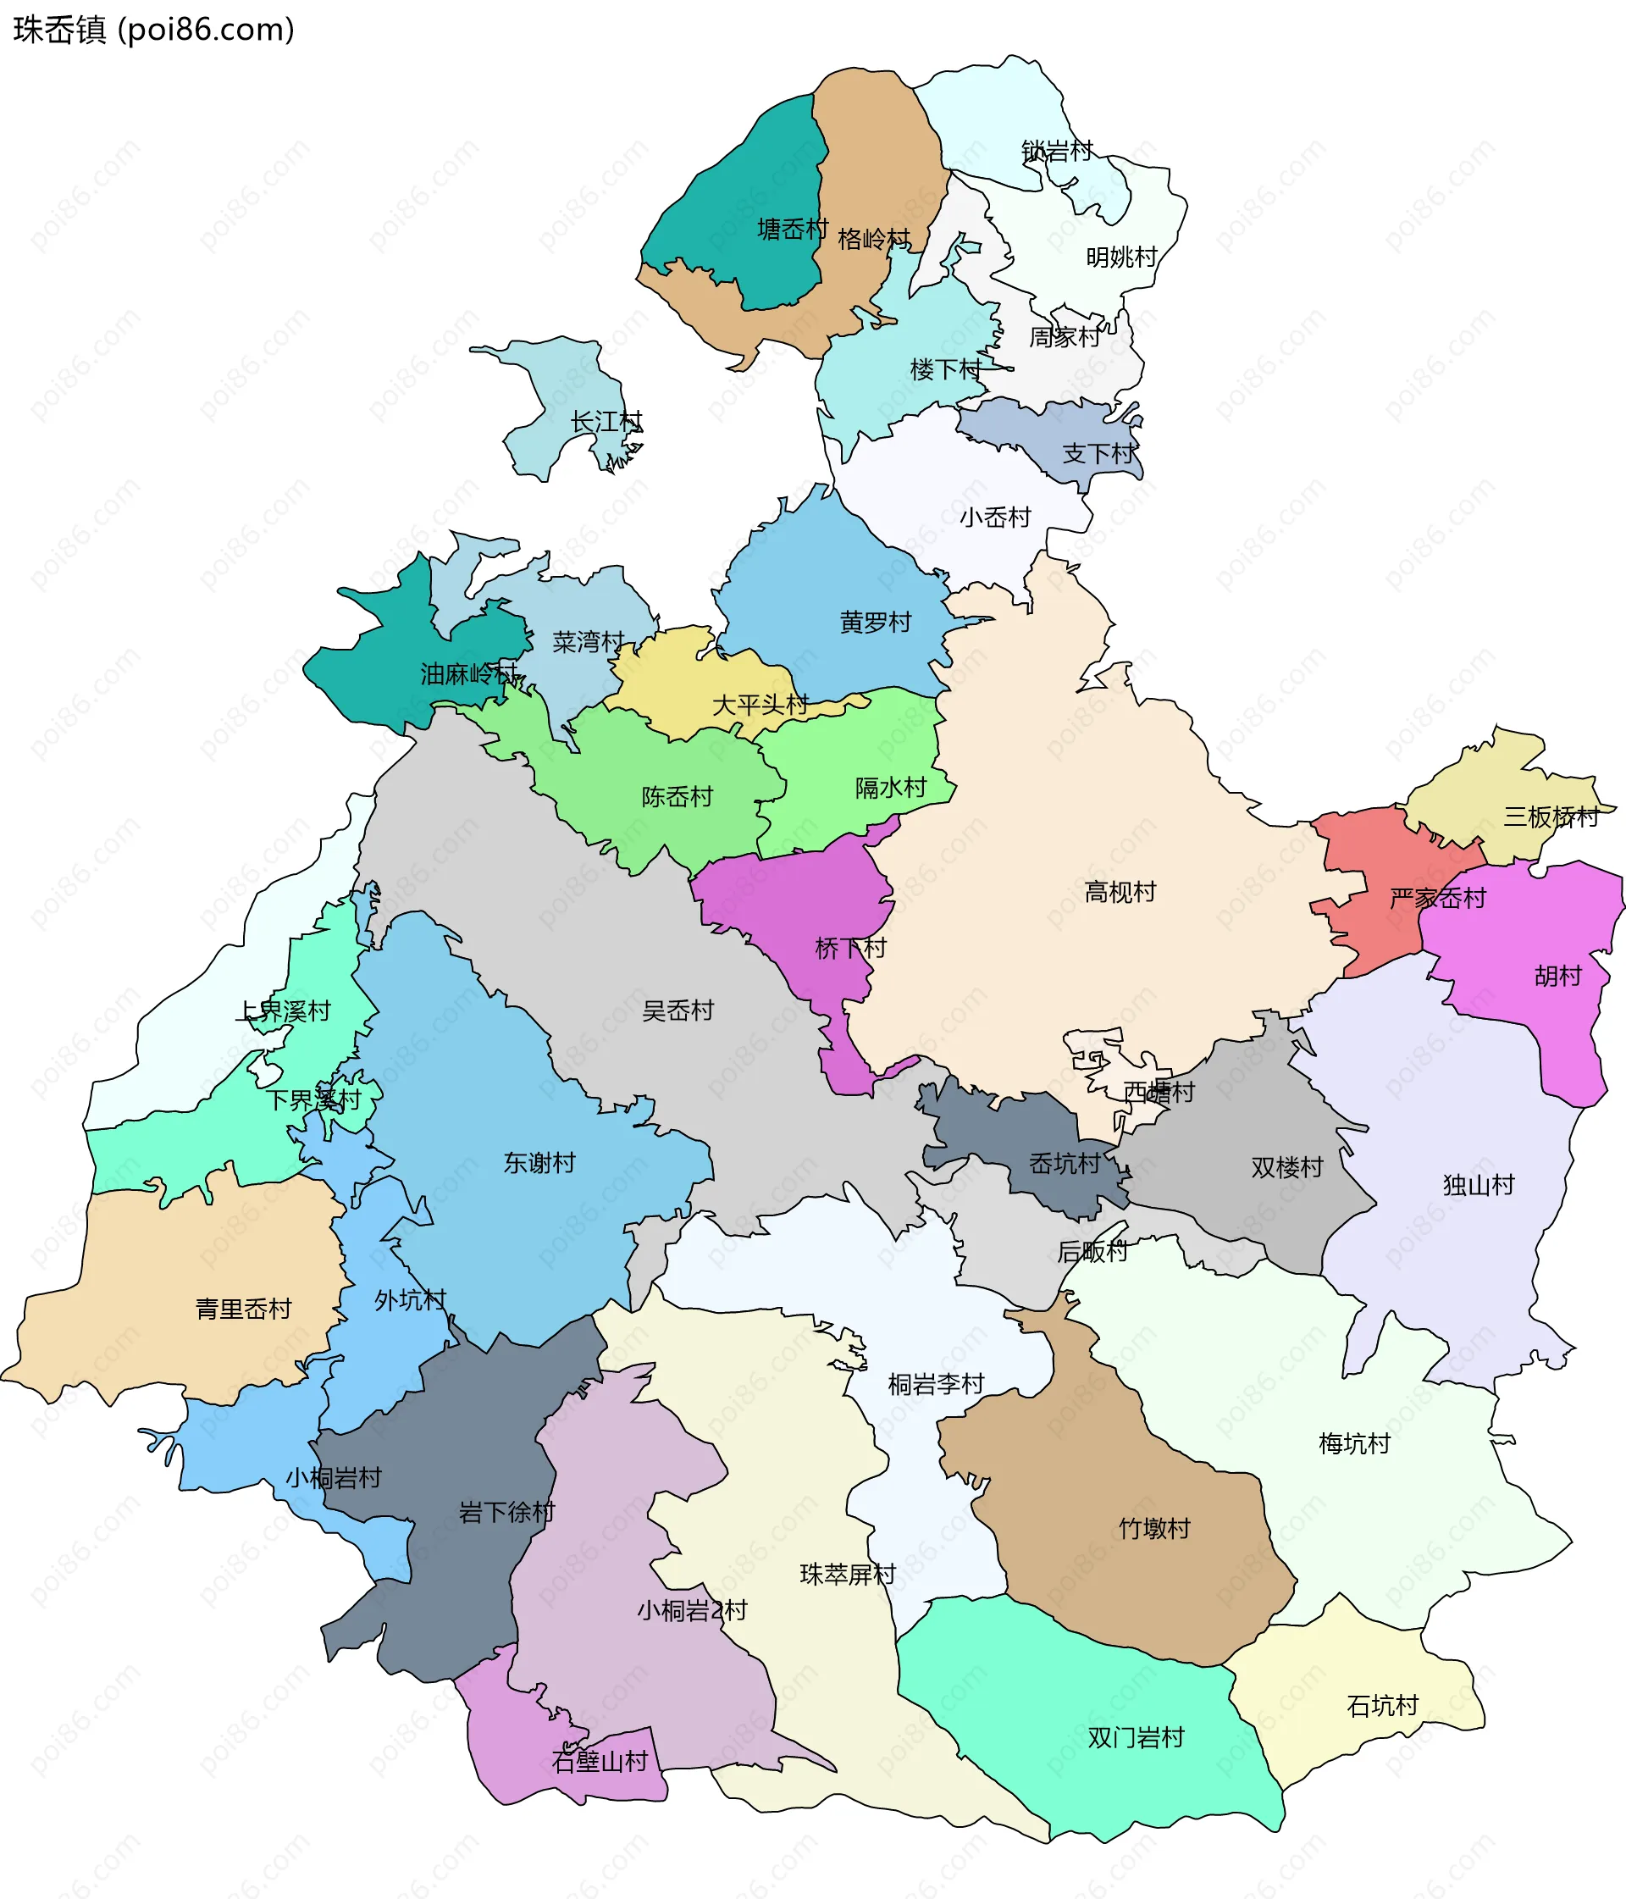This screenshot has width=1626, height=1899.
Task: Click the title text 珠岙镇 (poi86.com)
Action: coord(154,30)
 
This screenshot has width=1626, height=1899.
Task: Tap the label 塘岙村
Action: coord(792,230)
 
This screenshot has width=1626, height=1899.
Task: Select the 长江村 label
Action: coord(606,423)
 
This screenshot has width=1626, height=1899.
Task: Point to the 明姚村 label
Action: coord(1121,257)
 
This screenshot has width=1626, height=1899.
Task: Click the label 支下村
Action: coord(1098,453)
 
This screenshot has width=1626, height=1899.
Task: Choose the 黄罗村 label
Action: coord(876,623)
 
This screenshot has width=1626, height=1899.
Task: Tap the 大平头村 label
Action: coord(760,705)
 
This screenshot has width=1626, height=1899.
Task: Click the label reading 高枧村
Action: coord(1120,892)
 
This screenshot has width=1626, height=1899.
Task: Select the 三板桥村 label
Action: coord(1551,817)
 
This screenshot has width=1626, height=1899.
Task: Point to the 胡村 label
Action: coord(1558,976)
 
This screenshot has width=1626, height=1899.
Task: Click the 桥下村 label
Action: coord(850,948)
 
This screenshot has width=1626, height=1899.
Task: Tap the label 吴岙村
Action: coord(677,1010)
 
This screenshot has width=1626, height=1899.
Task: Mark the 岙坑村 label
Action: coord(1065,1164)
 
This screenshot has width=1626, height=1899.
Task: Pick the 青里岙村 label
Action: coord(243,1309)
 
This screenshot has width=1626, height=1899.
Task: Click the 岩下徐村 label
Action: coord(507,1512)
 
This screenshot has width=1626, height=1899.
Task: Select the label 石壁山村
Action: coord(600,1762)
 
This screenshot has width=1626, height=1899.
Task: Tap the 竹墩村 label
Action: coord(1154,1528)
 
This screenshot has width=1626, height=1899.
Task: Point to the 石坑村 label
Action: coord(1382,1706)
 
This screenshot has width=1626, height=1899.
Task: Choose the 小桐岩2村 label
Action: coord(692,1610)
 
